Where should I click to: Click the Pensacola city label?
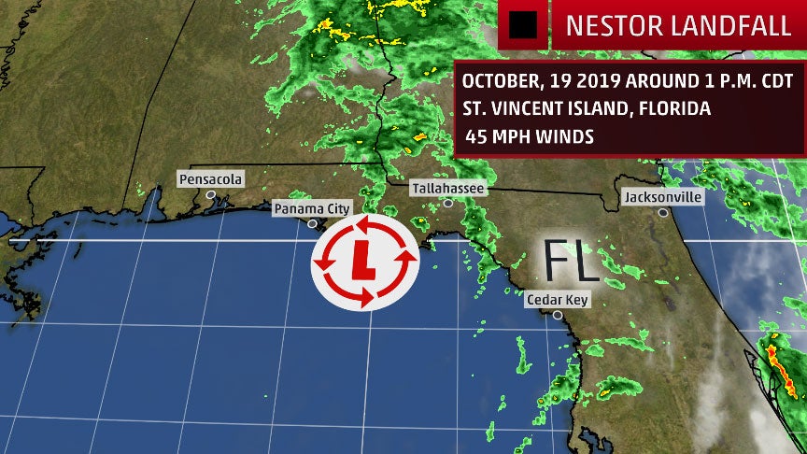tap(211, 178)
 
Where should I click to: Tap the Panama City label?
tap(311, 208)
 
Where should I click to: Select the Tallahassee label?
tap(448, 188)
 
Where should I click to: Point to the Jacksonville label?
tap(662, 197)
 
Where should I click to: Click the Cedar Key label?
tap(557, 300)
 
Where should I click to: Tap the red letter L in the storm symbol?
tap(364, 261)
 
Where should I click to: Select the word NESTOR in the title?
tap(608, 25)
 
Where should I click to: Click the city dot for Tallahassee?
tap(448, 203)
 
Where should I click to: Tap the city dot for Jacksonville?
tap(661, 212)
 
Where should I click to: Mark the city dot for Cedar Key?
tap(557, 315)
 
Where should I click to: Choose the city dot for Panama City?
tap(312, 223)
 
